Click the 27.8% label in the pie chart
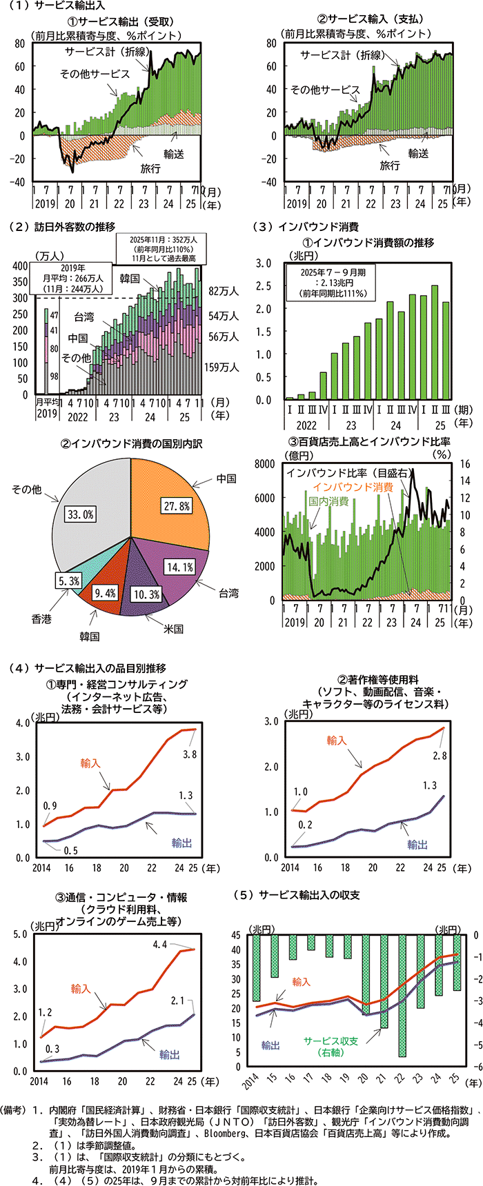(176, 505)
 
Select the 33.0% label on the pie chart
(80, 514)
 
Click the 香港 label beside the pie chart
(41, 619)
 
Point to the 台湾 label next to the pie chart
(228, 592)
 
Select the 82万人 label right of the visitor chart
(223, 292)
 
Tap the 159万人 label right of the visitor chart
(221, 367)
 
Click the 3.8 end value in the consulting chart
(189, 754)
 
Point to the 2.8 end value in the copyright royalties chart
(440, 755)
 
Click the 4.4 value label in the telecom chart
(160, 945)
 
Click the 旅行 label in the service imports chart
(389, 165)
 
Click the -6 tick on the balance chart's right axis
(475, 1067)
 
